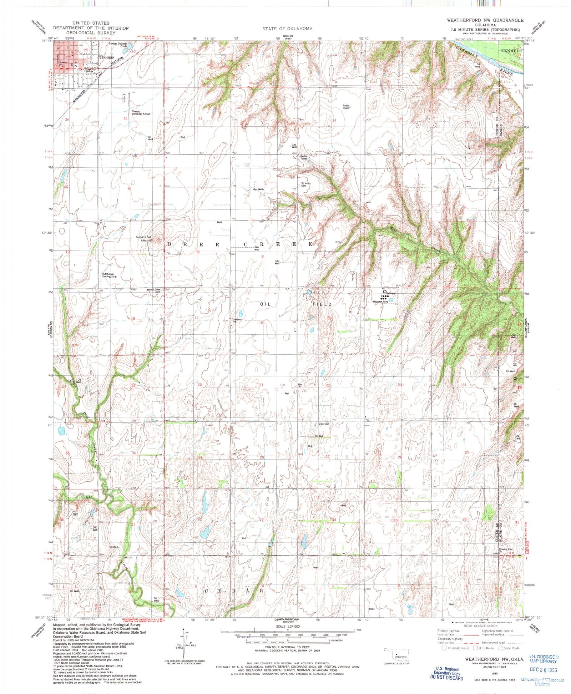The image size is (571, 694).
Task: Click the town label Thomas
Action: pyautogui.click(x=107, y=57)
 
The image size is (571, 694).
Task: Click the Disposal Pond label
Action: pyautogui.click(x=380, y=302)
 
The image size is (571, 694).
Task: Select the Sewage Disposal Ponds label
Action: pyautogui.click(x=118, y=45)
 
